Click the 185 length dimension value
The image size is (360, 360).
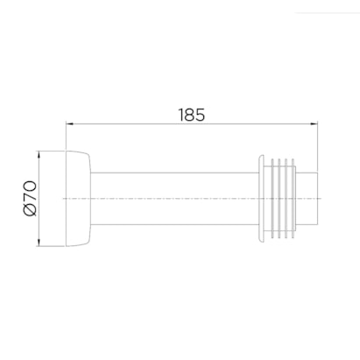pyautogui.click(x=192, y=115)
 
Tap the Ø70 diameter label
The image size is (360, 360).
pyautogui.click(x=31, y=199)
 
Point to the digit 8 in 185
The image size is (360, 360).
pyautogui.click(x=192, y=115)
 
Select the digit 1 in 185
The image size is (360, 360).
pyautogui.click(x=181, y=115)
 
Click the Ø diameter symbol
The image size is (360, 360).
pyautogui.click(x=31, y=210)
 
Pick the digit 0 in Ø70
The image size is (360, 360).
pyautogui.click(x=31, y=187)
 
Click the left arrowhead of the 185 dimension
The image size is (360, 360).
pyautogui.click(x=70, y=124)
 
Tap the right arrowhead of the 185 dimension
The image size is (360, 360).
pyautogui.click(x=314, y=124)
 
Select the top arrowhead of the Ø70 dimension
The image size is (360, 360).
pyautogui.click(x=39, y=155)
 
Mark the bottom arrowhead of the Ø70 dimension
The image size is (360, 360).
pyautogui.click(x=39, y=242)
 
